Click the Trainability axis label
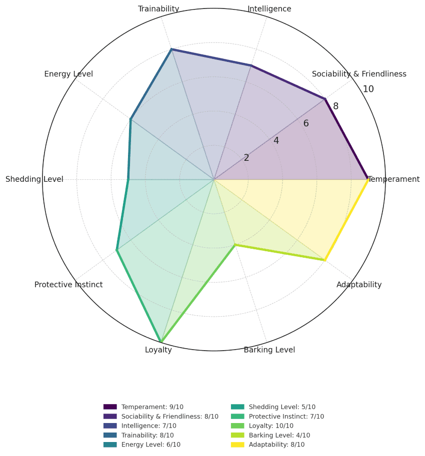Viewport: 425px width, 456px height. click(x=158, y=8)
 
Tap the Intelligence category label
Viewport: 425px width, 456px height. click(x=269, y=8)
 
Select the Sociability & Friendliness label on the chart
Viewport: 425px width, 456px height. click(x=359, y=74)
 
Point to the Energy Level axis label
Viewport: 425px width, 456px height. click(x=68, y=74)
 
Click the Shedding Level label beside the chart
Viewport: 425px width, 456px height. click(x=34, y=179)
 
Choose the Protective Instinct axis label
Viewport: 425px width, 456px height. click(x=68, y=285)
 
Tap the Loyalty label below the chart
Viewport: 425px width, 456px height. click(x=158, y=350)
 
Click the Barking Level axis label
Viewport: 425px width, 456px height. click(x=269, y=350)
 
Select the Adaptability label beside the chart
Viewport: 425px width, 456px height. click(x=359, y=285)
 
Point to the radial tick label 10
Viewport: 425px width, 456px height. click(x=368, y=89)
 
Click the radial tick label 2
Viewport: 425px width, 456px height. click(x=246, y=158)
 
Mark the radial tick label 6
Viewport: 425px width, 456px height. click(x=306, y=123)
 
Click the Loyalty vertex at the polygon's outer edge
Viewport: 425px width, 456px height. click(x=161, y=342)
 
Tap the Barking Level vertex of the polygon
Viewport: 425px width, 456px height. click(x=235, y=245)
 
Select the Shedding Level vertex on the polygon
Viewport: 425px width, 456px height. click(x=128, y=179)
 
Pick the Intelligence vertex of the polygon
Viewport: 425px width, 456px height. click(x=251, y=65)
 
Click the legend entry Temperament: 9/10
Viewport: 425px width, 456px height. click(x=152, y=407)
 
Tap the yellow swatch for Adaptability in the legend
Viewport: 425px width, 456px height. click(x=237, y=445)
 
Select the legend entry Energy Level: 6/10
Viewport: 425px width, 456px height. click(x=150, y=445)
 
